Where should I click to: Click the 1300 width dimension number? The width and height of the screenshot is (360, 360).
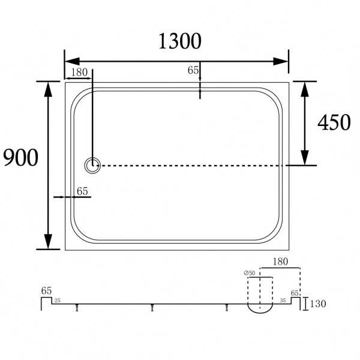tap(179, 41)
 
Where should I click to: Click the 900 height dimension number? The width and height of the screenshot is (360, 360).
tap(20, 158)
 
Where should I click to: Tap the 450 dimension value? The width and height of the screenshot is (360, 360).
tap(334, 122)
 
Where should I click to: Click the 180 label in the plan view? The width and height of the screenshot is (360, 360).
tap(79, 72)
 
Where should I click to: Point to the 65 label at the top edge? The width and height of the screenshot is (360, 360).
tap(193, 70)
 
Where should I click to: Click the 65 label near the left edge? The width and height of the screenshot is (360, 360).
tap(82, 191)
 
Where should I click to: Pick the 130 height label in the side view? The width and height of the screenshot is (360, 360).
tap(318, 304)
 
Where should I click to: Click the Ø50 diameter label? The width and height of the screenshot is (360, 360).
tap(248, 274)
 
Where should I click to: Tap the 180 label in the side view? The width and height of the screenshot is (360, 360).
tap(280, 262)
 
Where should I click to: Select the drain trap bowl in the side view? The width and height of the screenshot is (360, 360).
tap(260, 308)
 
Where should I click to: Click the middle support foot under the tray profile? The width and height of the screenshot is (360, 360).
tap(152, 308)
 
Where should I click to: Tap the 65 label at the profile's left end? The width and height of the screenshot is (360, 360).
tap(46, 290)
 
